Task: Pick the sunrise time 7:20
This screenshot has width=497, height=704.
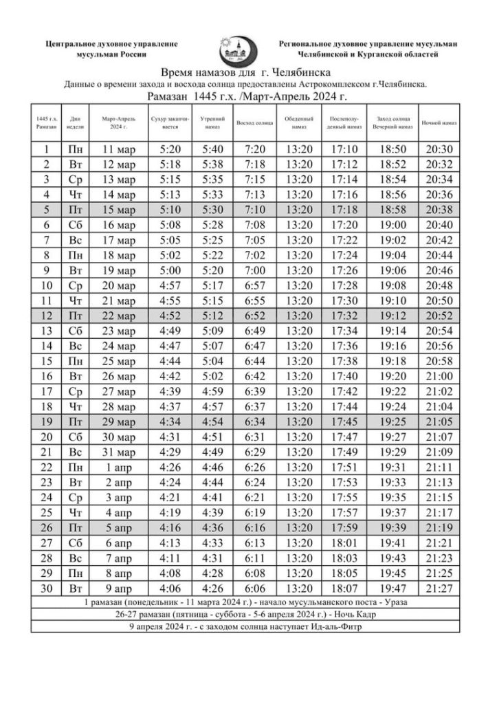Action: point(254,149)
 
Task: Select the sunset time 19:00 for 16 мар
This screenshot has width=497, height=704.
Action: point(392,225)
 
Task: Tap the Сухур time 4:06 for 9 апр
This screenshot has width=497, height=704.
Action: point(168,588)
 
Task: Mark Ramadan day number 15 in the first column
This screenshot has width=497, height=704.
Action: point(47,361)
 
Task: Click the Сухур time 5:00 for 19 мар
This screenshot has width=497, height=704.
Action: point(168,270)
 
